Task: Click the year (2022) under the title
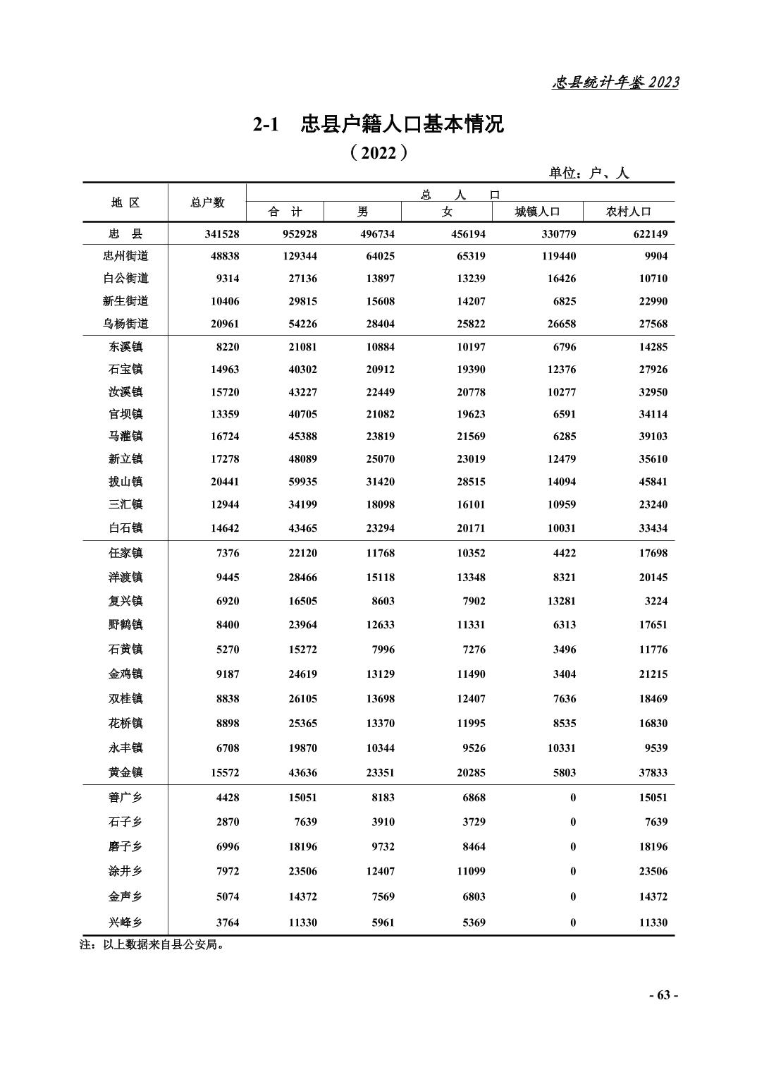coord(378,152)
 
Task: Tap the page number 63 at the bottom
coord(663,995)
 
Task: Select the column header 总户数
coord(207,202)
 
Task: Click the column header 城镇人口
coord(537,212)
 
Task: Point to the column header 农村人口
coord(629,212)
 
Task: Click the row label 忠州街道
coord(125,256)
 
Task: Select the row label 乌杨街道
coord(125,324)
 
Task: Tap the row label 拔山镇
coord(125,482)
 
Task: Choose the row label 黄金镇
coord(125,772)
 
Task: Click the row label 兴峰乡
coord(125,922)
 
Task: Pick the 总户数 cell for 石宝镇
coord(225,370)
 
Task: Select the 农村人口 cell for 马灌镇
coord(653,437)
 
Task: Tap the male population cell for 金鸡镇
coord(380,674)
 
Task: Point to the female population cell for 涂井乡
coord(471,871)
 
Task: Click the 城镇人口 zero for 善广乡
coord(572,798)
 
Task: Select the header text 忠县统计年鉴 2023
coord(615,83)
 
